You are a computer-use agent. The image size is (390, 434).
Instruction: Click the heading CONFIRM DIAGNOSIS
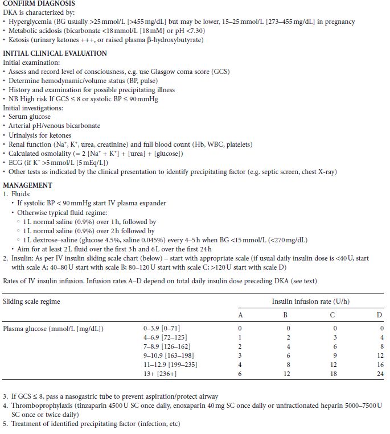coord(38,4)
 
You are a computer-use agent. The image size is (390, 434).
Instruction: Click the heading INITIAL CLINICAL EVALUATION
coord(55,53)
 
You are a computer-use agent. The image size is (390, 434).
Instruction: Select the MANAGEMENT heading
coord(28,185)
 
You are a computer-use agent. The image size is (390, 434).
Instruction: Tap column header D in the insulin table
coord(380,315)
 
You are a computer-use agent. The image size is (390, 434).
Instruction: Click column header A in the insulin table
coord(240,315)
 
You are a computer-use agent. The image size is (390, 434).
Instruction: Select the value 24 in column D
coord(380,374)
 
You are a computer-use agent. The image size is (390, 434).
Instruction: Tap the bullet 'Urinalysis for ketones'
coord(40,135)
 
